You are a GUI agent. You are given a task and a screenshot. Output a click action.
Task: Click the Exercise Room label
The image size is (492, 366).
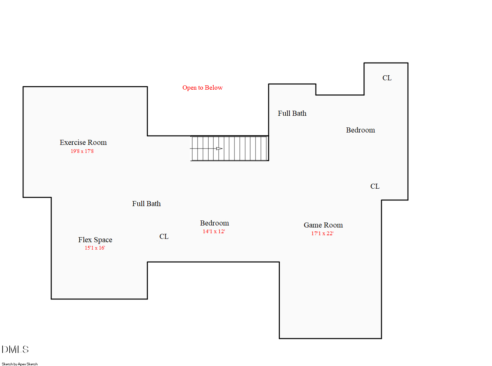coord(83,143)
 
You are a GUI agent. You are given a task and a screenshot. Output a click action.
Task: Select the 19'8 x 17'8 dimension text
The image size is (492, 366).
coord(82,151)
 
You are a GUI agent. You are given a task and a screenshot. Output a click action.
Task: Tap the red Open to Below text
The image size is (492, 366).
coord(202,88)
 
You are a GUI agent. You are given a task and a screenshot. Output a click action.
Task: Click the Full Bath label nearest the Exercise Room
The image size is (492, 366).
coord(146,204)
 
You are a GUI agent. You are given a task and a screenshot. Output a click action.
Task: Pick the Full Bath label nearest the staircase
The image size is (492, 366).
coord(292,113)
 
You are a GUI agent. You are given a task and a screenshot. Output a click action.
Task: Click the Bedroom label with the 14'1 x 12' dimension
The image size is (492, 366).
coord(214,223)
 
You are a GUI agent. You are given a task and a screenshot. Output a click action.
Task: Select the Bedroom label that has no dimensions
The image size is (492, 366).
coord(360,130)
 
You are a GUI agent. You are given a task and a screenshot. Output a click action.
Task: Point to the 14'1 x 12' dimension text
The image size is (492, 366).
coord(214,232)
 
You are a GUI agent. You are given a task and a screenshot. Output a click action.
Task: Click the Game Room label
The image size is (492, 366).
coord(323,225)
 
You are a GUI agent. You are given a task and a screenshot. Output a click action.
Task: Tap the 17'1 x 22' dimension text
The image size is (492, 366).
coord(322,234)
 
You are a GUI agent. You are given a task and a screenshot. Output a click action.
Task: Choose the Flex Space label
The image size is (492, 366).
coord(95,240)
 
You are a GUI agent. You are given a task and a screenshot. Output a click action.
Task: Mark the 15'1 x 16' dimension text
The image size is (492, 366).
coord(95,248)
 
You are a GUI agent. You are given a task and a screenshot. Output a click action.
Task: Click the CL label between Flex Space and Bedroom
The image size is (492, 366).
coord(164,237)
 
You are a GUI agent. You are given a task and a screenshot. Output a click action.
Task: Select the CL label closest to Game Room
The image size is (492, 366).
coord(375,186)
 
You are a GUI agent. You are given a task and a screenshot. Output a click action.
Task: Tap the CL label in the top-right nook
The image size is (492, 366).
coord(387,78)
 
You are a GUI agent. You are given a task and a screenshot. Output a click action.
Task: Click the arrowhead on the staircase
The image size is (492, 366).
coord(219,149)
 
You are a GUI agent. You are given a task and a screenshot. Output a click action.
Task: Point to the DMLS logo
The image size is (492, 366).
coord(15,350)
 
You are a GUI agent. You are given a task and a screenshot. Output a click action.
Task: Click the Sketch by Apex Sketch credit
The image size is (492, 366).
coord(20,364)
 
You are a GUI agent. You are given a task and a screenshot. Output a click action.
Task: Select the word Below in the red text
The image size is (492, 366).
coord(214,88)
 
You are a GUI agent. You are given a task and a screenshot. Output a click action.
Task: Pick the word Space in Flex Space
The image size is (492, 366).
coord(103,240)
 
